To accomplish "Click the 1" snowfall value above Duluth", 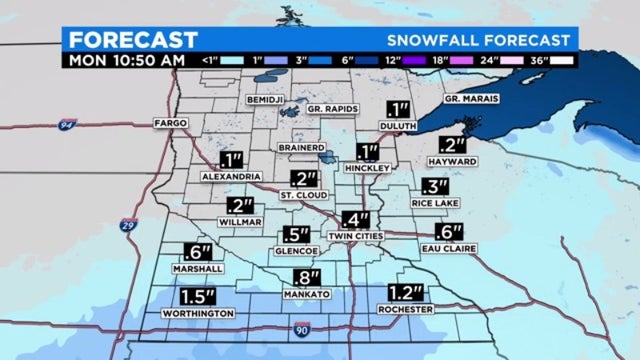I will click(400, 111).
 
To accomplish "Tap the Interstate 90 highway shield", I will click(301, 328).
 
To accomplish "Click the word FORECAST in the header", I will click(133, 40).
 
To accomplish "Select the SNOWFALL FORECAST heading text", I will click(481, 40).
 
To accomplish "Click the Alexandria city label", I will click(232, 176).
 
